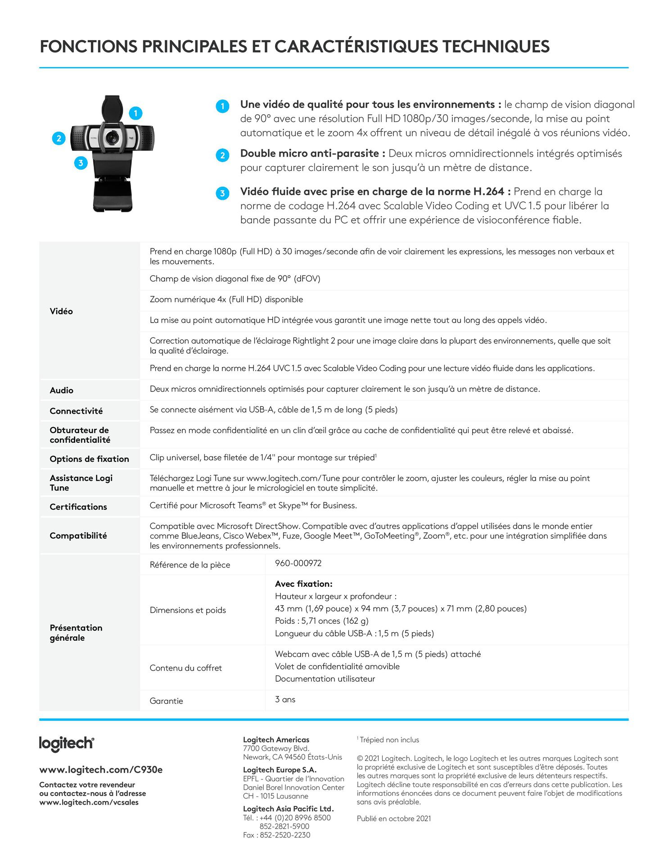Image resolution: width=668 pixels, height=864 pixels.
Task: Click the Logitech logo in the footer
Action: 67,743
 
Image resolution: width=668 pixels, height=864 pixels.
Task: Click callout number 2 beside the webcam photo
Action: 59,138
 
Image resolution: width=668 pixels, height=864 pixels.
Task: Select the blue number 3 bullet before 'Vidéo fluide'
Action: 222,193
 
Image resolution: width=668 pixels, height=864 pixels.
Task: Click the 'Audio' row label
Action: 62,390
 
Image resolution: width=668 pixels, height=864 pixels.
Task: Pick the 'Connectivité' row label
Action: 76,411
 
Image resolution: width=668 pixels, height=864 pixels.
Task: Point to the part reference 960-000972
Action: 298,563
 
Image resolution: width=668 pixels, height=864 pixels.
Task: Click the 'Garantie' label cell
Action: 167,701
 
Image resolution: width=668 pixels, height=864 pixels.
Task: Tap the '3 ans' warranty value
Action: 285,699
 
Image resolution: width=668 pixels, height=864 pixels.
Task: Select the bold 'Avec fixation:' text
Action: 303,584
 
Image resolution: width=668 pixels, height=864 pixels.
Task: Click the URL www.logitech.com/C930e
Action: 101,769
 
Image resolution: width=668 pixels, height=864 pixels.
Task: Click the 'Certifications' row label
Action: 78,507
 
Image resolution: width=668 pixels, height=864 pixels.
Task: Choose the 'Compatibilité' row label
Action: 78,535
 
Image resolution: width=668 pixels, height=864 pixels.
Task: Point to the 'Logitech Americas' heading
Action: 276,739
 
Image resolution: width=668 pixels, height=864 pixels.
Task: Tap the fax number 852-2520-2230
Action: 285,835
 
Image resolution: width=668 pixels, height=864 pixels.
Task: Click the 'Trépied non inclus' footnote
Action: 389,740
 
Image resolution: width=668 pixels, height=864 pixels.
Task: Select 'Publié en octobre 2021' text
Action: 394,818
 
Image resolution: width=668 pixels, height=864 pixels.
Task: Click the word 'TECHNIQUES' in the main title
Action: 496,47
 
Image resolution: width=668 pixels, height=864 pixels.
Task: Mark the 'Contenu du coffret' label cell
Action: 185,668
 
